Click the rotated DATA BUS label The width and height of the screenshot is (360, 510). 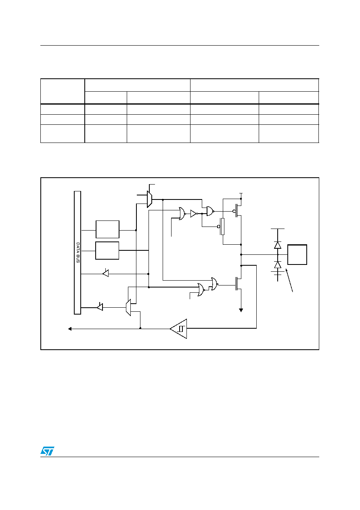78,252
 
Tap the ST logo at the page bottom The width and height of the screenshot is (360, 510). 47,451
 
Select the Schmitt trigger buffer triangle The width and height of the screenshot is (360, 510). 179,329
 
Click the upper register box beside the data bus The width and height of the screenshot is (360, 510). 107,229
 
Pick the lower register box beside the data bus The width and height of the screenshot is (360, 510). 107,250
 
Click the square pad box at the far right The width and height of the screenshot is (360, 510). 297,254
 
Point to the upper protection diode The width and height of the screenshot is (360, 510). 278,245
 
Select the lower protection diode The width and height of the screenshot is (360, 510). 278,265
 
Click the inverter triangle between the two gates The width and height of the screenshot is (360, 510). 194,214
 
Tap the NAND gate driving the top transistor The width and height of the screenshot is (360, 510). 210,211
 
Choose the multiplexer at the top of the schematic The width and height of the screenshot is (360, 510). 149,199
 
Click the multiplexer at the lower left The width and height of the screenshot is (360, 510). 128,307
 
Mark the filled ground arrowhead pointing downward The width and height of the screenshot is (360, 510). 241,310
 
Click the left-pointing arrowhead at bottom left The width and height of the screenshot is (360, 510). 70,329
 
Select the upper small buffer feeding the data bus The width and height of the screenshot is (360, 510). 106,273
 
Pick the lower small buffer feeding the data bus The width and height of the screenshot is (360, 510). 100,307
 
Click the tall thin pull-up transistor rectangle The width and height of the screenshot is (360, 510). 222,226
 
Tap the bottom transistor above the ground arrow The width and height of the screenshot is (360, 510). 238,283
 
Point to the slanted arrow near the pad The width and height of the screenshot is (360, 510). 289,280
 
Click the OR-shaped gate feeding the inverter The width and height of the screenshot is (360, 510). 182,214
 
